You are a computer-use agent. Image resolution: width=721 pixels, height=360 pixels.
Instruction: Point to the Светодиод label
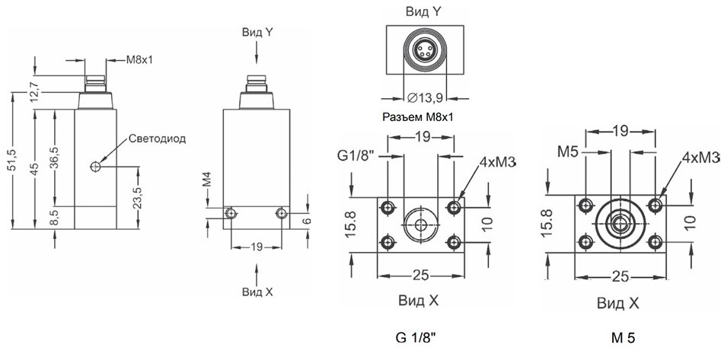(158, 139)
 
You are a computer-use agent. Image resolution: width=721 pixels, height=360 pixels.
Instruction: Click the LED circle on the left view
(96, 166)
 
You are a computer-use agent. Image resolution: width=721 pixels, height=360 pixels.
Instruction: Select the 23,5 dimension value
(136, 197)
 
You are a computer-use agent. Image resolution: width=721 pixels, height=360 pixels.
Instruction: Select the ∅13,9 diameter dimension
(425, 97)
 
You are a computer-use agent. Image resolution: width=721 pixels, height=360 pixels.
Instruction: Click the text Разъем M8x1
(417, 116)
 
